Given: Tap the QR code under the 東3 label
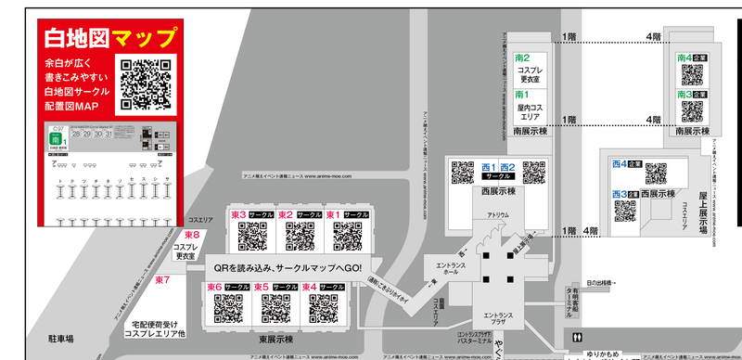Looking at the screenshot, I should pyautogui.click(x=252, y=238).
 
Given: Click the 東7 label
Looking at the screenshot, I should pyautogui.click(x=163, y=279).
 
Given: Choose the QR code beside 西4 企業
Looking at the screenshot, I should pyautogui.click(x=656, y=174).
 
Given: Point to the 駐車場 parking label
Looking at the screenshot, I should pyautogui.click(x=61, y=341).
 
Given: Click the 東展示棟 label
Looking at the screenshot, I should pyautogui.click(x=275, y=339).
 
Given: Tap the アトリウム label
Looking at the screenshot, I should pyautogui.click(x=498, y=215).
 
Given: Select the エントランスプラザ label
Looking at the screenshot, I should pyautogui.click(x=496, y=320).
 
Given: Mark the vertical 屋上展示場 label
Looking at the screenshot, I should pyautogui.click(x=703, y=214).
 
